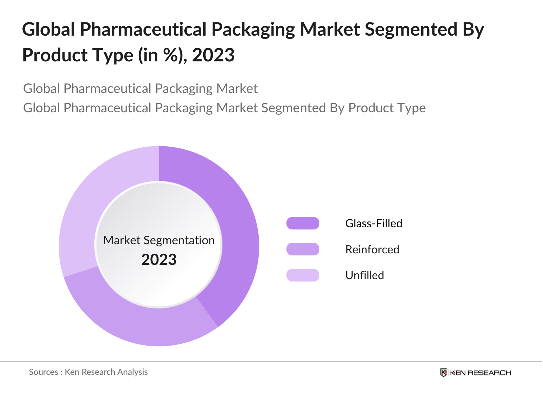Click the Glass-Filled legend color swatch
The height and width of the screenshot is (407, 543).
tap(303, 223)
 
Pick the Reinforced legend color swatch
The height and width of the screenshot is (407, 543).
tap(303, 249)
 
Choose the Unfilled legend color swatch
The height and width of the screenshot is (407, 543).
tap(303, 275)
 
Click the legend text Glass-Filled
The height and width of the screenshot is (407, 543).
tap(374, 223)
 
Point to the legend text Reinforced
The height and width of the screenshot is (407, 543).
tap(372, 249)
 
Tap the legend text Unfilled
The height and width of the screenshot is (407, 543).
tap(364, 275)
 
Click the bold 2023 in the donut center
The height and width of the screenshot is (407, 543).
tap(159, 260)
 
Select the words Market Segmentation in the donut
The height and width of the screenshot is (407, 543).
tap(159, 240)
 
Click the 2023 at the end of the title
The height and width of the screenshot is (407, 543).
tap(213, 55)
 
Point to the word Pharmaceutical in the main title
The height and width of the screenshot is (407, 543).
tap(143, 29)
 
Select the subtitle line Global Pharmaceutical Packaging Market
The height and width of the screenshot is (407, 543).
tap(140, 89)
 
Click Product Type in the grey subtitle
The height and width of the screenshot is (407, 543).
tap(387, 108)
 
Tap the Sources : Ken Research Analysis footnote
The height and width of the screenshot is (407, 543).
tap(88, 372)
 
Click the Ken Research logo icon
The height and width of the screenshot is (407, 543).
tap(443, 373)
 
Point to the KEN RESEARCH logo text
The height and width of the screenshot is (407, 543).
tap(480, 373)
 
